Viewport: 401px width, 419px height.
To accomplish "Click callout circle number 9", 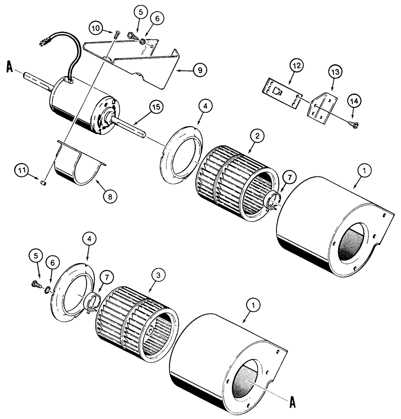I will tap(200, 70).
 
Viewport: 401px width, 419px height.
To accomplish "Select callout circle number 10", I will tap(95, 28).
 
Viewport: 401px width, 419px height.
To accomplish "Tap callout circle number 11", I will tap(22, 171).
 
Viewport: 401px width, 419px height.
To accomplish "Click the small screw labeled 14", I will tap(352, 123).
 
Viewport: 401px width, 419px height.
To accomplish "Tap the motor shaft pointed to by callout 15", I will tap(130, 128).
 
